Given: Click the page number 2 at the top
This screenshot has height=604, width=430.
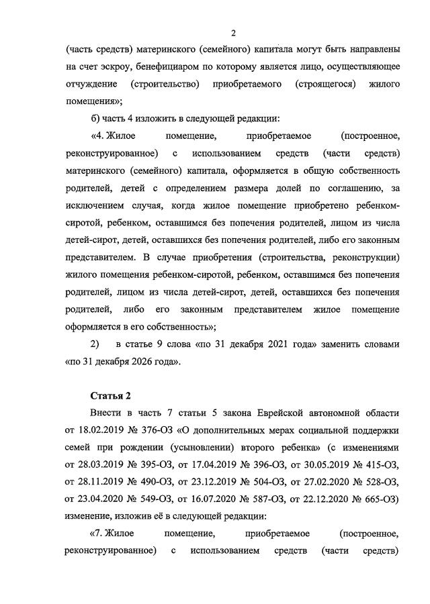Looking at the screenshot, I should coord(233,33).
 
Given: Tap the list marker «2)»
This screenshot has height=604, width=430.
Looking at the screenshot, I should coord(95,344).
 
